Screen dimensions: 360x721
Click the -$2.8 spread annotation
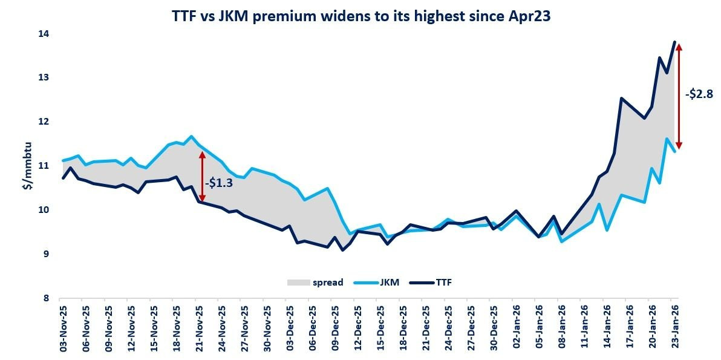tap(700, 94)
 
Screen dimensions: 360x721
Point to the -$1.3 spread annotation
tap(218, 182)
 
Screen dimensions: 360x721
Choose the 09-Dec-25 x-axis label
tap(336, 328)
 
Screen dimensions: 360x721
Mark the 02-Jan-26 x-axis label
tap(517, 328)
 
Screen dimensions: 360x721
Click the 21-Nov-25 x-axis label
tap(200, 328)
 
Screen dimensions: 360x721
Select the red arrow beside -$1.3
tap(202, 176)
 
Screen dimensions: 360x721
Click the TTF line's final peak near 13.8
tap(674, 42)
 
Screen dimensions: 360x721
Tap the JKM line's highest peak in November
tap(191, 136)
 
